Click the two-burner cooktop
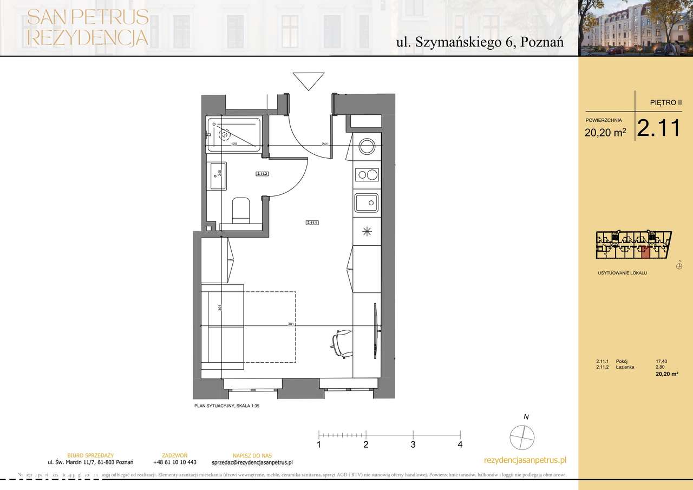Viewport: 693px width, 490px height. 367,174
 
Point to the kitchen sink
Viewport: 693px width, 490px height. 367,204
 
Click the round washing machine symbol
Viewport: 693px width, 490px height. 367,146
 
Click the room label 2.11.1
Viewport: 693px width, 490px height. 312,222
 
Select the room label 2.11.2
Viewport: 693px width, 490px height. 263,174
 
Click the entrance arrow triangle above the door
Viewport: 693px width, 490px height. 308,81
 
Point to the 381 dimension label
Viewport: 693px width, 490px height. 291,324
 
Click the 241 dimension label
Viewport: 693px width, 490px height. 325,144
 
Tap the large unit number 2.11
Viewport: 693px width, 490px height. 658,128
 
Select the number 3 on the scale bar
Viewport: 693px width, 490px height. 413,445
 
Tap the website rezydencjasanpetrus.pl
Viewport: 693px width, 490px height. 525,460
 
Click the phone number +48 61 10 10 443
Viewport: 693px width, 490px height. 174,462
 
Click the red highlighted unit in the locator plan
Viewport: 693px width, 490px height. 645,251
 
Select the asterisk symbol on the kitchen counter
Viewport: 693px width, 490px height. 367,232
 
